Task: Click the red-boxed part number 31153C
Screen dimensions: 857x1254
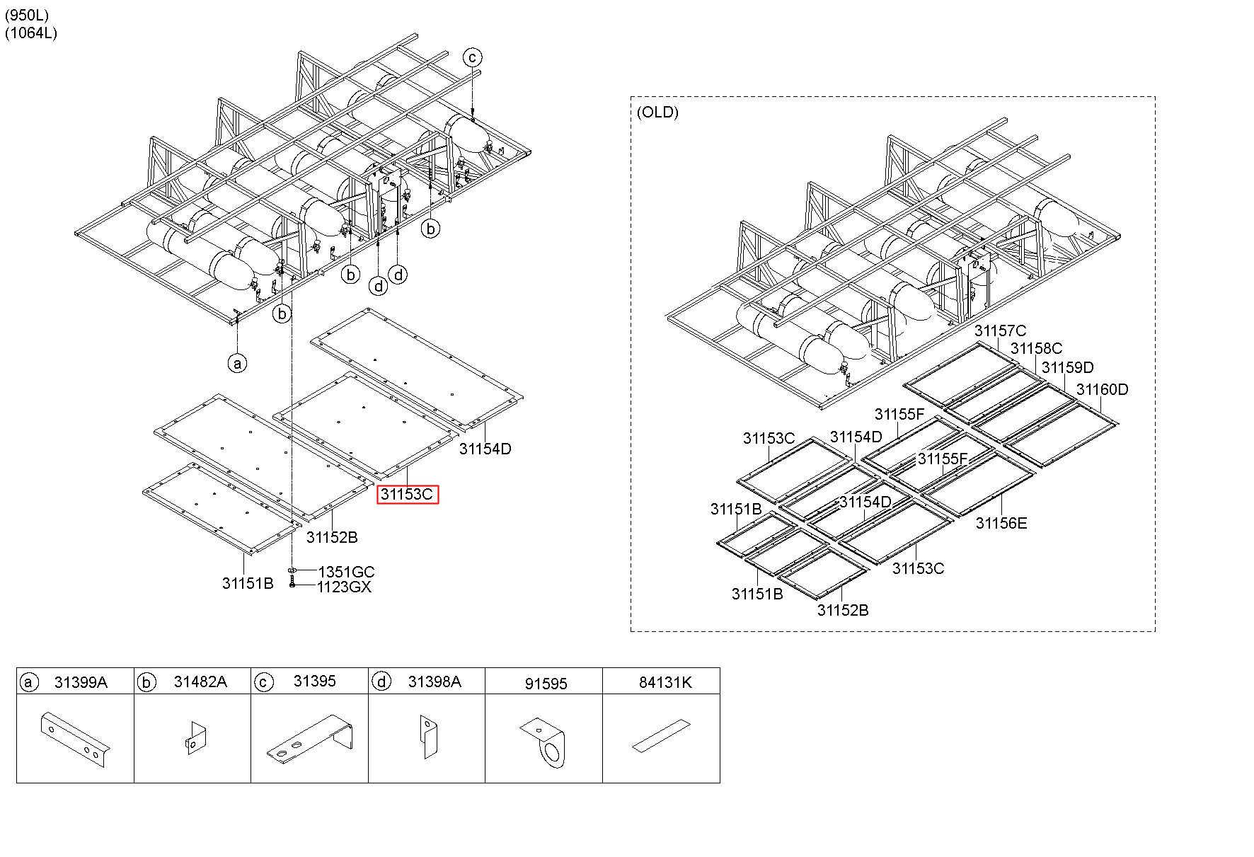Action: pyautogui.click(x=407, y=494)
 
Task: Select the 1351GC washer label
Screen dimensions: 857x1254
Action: pyautogui.click(x=346, y=572)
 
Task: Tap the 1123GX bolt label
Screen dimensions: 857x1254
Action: pyautogui.click(x=344, y=587)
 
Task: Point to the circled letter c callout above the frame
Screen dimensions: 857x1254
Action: pyautogui.click(x=472, y=57)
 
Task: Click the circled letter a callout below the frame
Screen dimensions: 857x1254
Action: pyautogui.click(x=238, y=364)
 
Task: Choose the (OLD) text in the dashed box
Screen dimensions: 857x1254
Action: pyautogui.click(x=657, y=112)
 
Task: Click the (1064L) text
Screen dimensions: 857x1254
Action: pyautogui.click(x=30, y=33)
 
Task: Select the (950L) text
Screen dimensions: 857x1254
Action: pyautogui.click(x=27, y=15)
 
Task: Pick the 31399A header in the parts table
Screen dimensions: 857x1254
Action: pyautogui.click(x=81, y=682)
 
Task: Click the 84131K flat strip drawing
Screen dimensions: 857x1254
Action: pyautogui.click(x=660, y=736)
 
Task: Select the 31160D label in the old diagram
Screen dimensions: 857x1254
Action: pyautogui.click(x=1102, y=389)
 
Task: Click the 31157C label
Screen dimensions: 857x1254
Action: pyautogui.click(x=1000, y=330)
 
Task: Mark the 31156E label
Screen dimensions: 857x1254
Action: pyautogui.click(x=1001, y=523)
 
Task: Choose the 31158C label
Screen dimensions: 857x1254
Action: pyautogui.click(x=1036, y=348)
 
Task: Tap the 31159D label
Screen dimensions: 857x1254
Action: pyautogui.click(x=1067, y=367)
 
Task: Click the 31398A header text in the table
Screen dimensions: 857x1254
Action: pyautogui.click(x=435, y=682)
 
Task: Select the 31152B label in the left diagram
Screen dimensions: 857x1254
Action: pyautogui.click(x=332, y=537)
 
